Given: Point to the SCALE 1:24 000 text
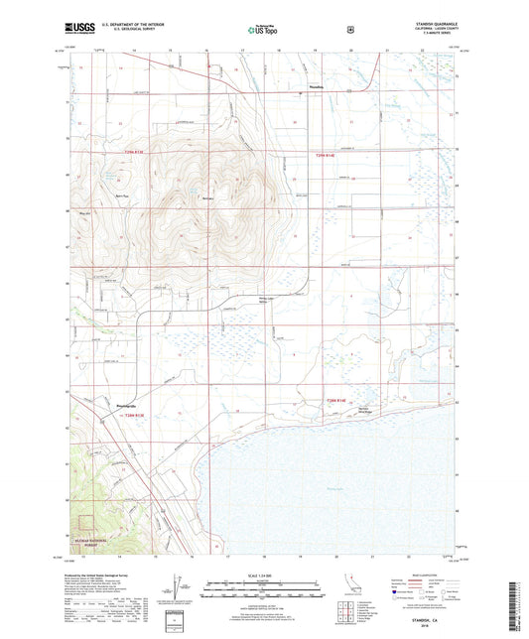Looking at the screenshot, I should pyautogui.click(x=263, y=576).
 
